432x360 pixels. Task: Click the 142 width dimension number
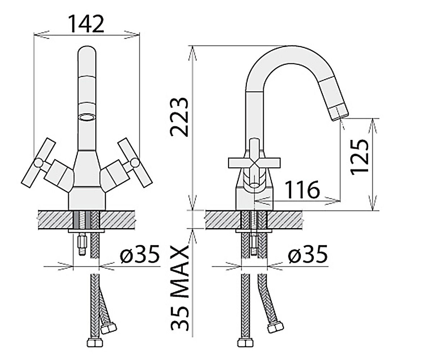tap(87, 24)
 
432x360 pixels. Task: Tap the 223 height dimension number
tap(179, 117)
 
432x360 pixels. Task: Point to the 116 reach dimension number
tap(302, 189)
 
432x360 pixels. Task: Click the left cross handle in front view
tap(39, 163)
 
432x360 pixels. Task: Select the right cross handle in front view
tap(135, 163)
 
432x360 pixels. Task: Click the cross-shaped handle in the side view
tap(254, 163)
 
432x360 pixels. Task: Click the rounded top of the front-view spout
tap(87, 51)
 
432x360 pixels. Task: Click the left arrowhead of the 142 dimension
tap(41, 35)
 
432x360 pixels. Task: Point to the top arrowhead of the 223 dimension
tap(193, 53)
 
